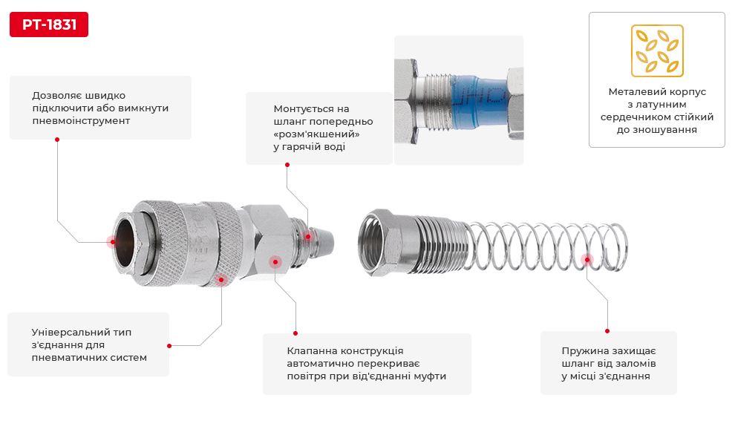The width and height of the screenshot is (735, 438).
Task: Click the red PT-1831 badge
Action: pyautogui.click(x=49, y=24)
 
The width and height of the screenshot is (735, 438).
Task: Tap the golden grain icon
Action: pyautogui.click(x=657, y=50)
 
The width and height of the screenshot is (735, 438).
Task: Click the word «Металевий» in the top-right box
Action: pyautogui.click(x=633, y=92)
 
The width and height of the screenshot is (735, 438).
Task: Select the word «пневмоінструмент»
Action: pyautogui.click(x=81, y=121)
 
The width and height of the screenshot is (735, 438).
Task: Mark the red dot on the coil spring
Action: pyautogui.click(x=587, y=259)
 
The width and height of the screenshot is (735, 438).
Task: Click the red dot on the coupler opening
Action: pyautogui.click(x=113, y=241)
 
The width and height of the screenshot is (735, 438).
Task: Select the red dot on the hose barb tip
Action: pyautogui.click(x=308, y=236)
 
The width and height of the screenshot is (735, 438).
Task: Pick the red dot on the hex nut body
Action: pyautogui.click(x=275, y=261)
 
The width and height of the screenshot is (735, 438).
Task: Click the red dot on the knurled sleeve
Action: pyautogui.click(x=221, y=280)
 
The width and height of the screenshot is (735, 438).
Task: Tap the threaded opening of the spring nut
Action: pyautogui.click(x=371, y=243)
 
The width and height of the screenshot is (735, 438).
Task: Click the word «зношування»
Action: pyautogui.click(x=657, y=130)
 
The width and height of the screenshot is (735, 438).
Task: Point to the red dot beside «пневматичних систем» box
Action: pyautogui.click(x=169, y=346)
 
